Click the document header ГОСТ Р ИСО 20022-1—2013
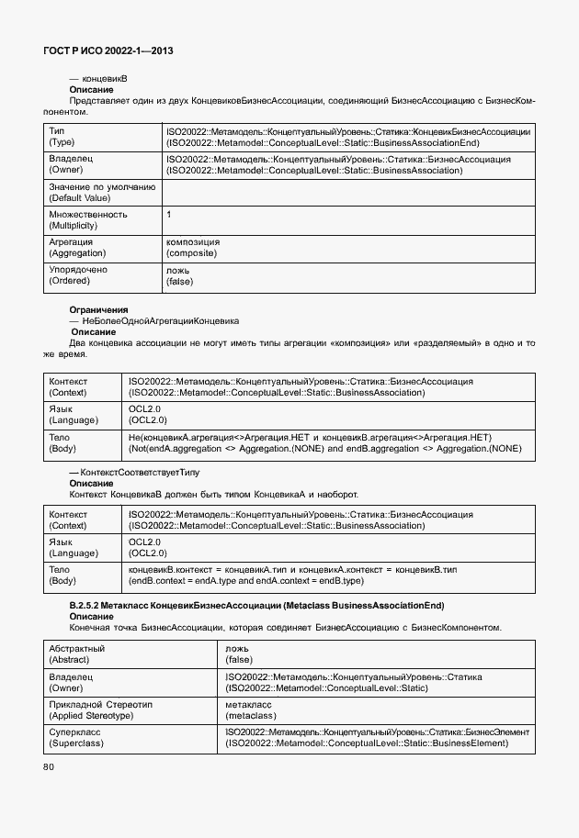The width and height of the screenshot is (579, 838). tap(108, 51)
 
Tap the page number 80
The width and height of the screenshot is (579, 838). tap(48, 765)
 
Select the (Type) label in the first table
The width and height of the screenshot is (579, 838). tap(62, 143)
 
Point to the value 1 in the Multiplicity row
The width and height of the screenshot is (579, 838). tap(169, 214)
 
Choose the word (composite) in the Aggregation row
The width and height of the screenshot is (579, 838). tap(192, 252)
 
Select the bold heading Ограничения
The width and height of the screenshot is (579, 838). tap(98, 310)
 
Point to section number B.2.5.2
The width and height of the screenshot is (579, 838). tap(90, 606)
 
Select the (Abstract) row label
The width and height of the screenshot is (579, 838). tap(70, 659)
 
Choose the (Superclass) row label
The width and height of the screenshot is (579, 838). tap(75, 743)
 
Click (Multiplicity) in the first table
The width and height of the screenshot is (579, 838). tap(75, 225)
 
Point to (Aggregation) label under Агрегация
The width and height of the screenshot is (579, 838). tap(77, 252)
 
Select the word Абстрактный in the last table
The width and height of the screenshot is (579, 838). tap(76, 648)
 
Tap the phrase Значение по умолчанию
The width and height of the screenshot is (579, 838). tap(101, 186)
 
